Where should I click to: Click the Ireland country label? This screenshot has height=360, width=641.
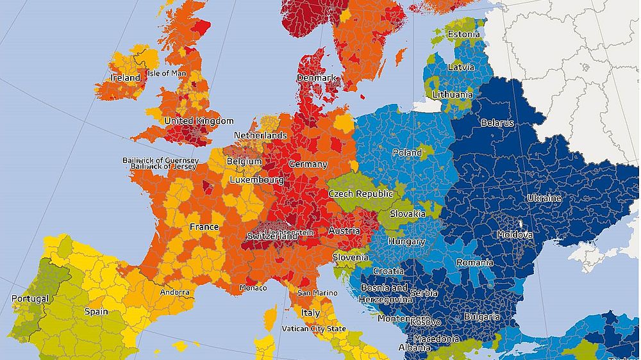click(x=125, y=78)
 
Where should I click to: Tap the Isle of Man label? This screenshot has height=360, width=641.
click(x=167, y=73)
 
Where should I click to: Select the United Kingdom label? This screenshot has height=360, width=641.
click(x=199, y=120)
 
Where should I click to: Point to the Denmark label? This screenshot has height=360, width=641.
click(x=316, y=78)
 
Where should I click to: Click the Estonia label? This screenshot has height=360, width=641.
click(x=463, y=34)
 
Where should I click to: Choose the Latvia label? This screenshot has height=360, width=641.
click(x=461, y=67)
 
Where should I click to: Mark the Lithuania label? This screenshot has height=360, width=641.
click(x=452, y=94)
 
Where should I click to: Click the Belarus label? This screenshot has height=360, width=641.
click(x=497, y=122)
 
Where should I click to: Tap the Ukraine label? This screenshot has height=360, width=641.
click(x=544, y=198)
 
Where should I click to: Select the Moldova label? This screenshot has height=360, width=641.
click(x=515, y=234)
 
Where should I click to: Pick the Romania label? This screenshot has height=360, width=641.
click(x=474, y=263)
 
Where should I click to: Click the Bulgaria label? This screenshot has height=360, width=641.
click(x=481, y=316)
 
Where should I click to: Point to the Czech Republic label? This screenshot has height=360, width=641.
click(x=360, y=193)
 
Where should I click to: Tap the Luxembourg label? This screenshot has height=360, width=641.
click(x=256, y=180)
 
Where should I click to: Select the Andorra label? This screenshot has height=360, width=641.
click(x=174, y=292)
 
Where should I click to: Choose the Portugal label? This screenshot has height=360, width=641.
click(x=29, y=299)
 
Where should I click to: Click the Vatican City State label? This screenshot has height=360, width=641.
click(x=313, y=329)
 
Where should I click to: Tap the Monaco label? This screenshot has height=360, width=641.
click(x=253, y=288)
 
